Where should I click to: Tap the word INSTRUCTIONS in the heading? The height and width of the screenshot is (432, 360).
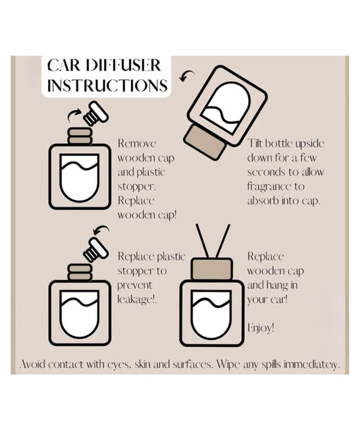click(x=108, y=86)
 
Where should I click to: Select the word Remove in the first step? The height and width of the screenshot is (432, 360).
click(x=136, y=143)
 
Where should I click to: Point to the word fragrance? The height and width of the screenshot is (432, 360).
click(x=273, y=186)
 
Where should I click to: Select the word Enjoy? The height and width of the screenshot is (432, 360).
click(x=261, y=328)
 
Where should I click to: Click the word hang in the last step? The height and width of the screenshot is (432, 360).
click(x=276, y=285)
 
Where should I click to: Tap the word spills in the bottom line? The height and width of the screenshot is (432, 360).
click(x=251, y=364)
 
